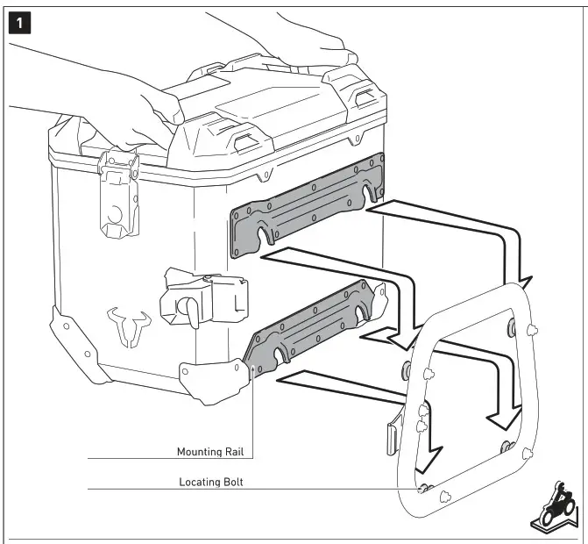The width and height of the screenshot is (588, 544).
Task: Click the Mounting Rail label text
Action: pos(210,453)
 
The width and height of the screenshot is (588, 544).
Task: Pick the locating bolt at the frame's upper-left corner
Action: pos(406,366)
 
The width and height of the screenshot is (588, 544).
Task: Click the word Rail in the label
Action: pos(231,453)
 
